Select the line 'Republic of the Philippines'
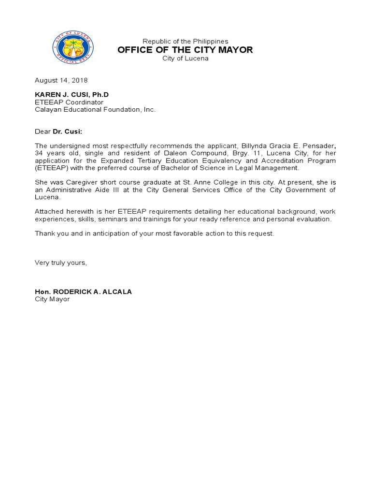[x=185, y=42]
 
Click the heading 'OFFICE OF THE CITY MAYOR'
[x=185, y=50]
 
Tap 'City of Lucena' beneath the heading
[x=185, y=58]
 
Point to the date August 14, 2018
[x=61, y=80]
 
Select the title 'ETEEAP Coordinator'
[x=69, y=102]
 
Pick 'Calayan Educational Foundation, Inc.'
[x=95, y=110]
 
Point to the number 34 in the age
[x=39, y=153]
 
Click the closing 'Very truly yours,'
[x=61, y=262]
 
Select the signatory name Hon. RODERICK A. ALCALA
[x=83, y=292]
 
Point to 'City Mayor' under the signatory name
[x=52, y=299]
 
